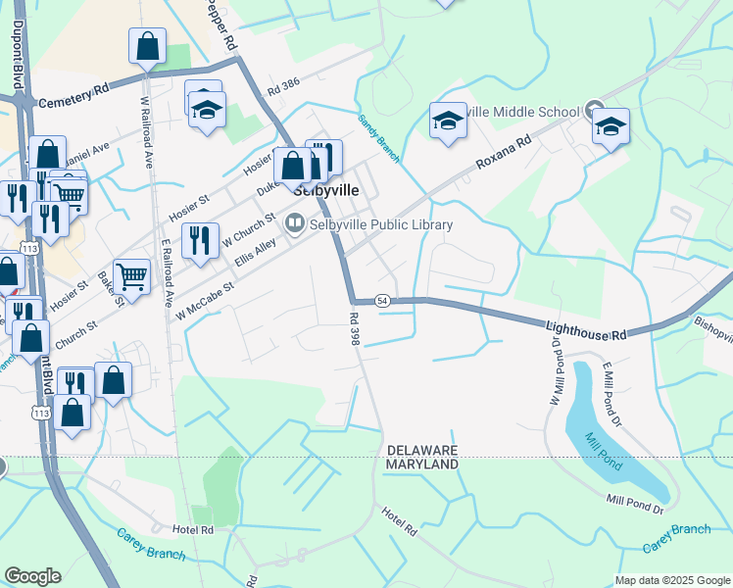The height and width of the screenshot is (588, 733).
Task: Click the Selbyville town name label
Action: point(326,191)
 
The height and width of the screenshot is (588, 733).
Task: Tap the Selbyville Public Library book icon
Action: point(294,225)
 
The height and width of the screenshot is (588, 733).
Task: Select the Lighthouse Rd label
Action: point(586,334)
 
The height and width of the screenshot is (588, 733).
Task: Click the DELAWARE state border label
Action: point(422,449)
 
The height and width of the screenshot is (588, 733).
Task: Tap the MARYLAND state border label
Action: point(422,464)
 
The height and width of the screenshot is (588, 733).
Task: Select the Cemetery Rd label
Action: point(73,96)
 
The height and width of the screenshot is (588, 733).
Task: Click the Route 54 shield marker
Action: point(382,300)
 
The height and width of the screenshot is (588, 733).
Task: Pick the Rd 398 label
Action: point(355,327)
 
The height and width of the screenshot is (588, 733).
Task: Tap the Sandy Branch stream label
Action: point(378,137)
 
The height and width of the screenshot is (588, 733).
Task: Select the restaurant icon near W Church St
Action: point(200,239)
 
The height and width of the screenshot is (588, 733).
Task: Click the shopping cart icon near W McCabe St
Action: point(131,275)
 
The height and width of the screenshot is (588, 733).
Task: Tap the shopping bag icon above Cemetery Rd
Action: point(147,45)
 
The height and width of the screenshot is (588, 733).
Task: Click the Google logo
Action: point(32,576)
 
